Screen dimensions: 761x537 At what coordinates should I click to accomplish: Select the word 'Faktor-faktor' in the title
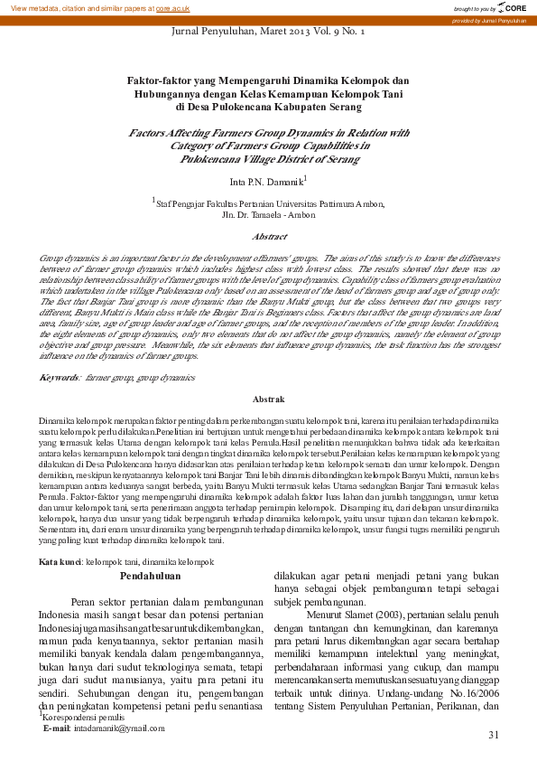tap(155, 80)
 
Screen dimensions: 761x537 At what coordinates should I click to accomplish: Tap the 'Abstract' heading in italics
tap(269, 236)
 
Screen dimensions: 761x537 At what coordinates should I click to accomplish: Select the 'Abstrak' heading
tap(269, 399)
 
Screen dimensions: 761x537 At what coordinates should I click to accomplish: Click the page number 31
tap(493, 735)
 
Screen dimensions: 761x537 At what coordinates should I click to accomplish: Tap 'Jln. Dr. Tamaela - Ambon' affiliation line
tap(269, 215)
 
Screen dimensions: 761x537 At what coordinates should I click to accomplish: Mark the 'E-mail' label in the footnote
tap(57, 728)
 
